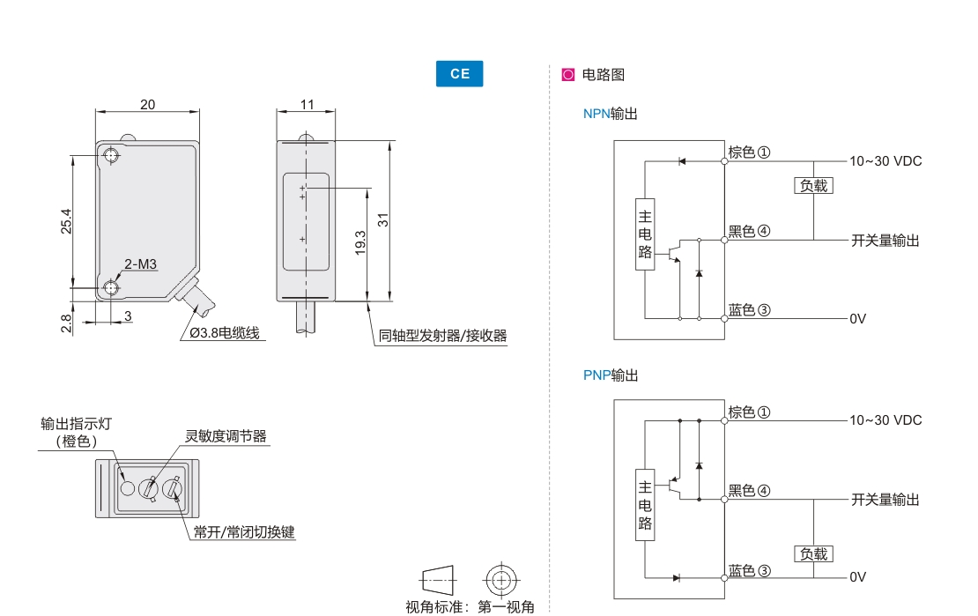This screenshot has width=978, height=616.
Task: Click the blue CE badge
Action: coord(460,74)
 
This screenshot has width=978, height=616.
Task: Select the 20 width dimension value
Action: coord(147,104)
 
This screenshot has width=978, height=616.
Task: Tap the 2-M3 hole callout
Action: coord(140,263)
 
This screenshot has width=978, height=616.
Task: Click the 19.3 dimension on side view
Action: coord(360,243)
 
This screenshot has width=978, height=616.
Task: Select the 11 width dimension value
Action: coord(307,104)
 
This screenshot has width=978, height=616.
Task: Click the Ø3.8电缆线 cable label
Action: coord(226,333)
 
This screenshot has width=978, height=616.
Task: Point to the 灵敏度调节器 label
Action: coord(226,436)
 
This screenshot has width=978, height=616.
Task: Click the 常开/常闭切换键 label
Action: coord(244,532)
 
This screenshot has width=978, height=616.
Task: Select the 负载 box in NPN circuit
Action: coord(814,186)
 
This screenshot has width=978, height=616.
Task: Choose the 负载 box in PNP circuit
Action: coord(814,554)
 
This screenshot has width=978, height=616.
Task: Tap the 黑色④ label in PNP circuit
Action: coord(749,491)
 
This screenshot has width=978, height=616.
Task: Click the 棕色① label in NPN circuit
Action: coord(749,152)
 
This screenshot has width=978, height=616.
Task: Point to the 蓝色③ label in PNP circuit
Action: coord(749,570)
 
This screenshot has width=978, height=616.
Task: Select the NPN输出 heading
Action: coord(610,114)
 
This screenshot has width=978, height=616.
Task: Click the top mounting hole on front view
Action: coord(112,157)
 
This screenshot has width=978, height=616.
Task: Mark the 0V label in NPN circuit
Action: coord(858,319)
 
